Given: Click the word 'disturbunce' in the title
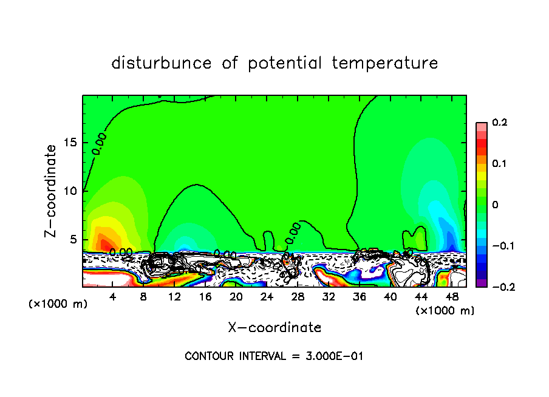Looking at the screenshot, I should pos(162,63).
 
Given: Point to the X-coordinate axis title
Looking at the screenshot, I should pos(274,328).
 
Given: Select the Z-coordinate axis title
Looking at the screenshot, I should pos(52,191).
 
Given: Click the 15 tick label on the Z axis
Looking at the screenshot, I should pos(71,143).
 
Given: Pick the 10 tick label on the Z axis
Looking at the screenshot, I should pos(71,191).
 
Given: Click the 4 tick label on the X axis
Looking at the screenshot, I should pos(113,297).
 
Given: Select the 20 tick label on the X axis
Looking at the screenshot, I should pos(236,297).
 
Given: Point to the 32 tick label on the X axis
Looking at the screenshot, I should pos(329,297).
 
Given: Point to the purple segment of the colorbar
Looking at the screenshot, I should pos(482,282).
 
